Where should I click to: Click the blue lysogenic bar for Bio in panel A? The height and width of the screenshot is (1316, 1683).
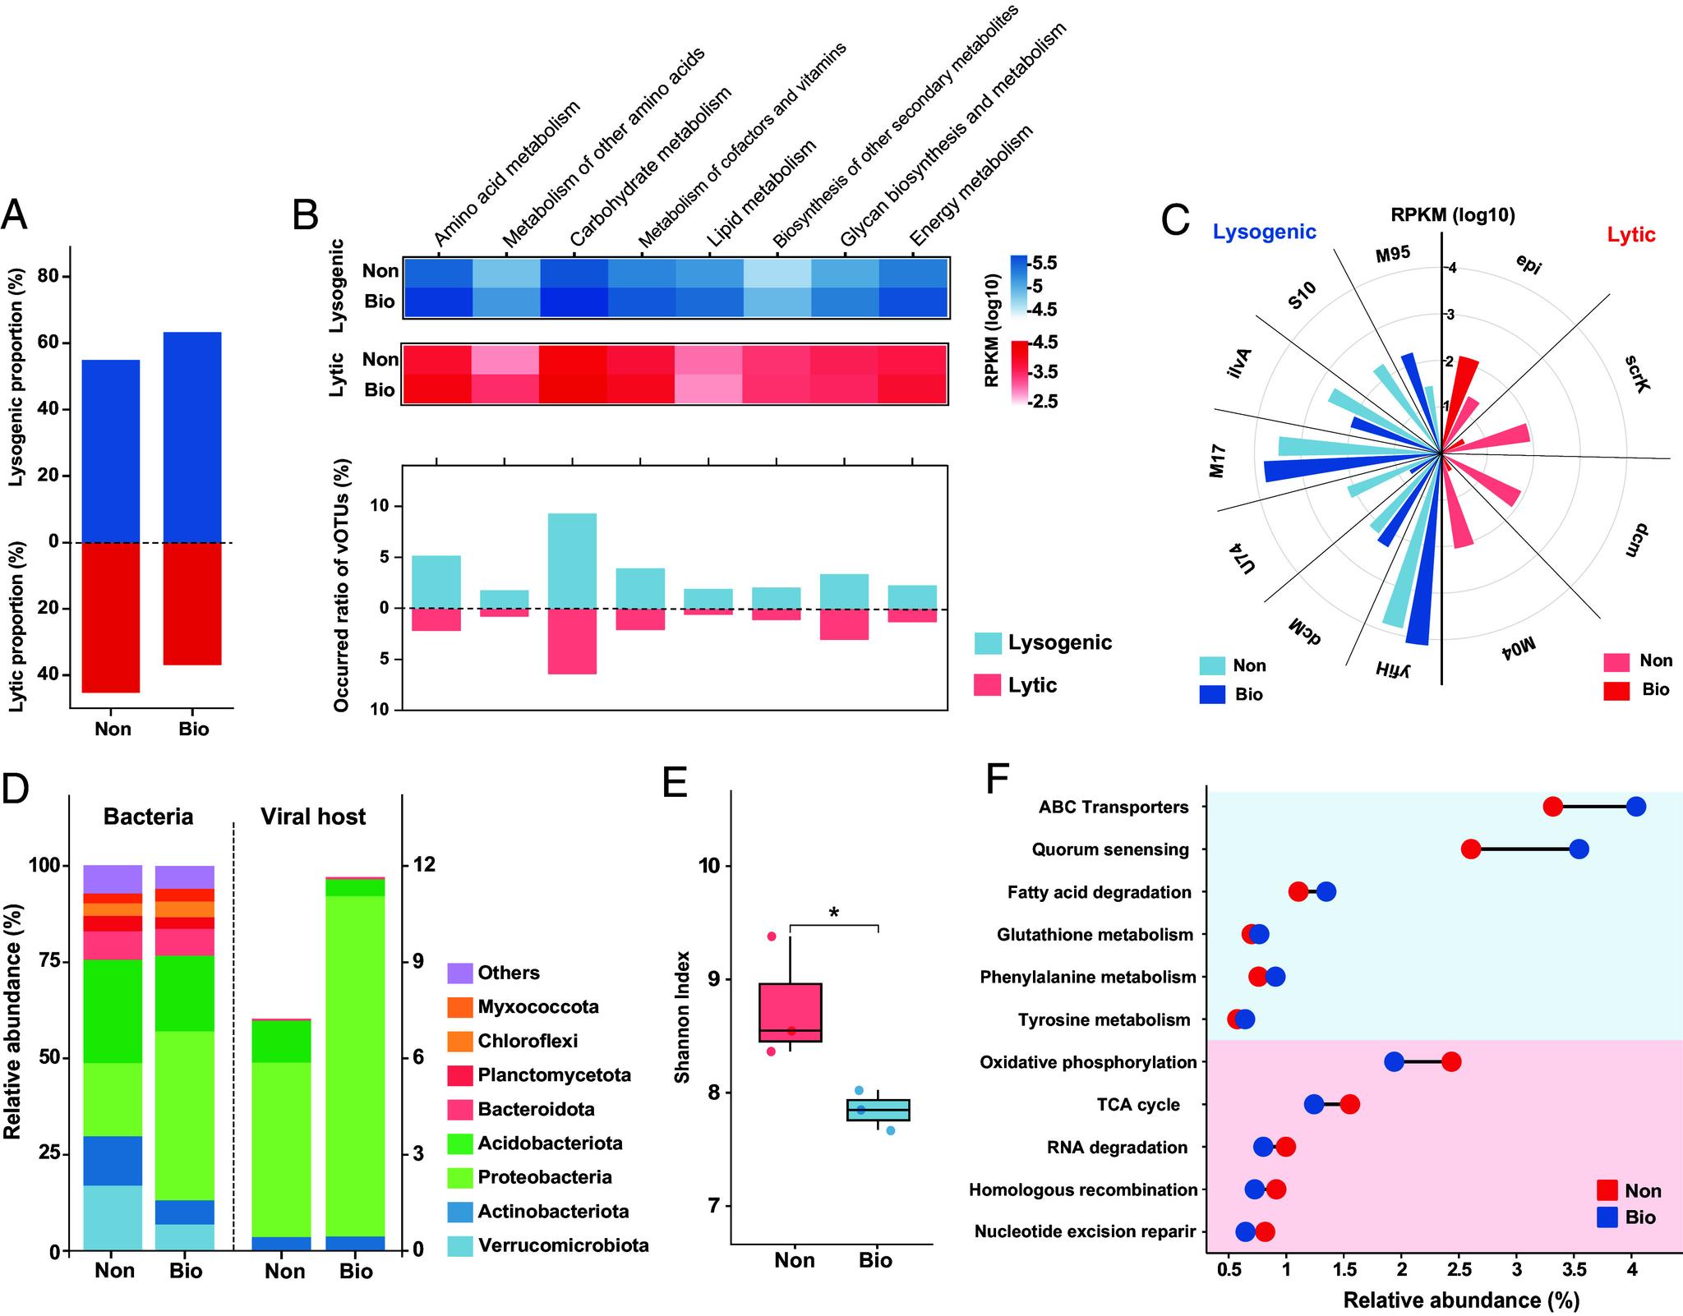tap(191, 436)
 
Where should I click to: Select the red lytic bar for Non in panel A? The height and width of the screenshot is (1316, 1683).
tap(112, 617)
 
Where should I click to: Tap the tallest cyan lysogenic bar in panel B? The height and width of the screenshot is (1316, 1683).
tap(572, 560)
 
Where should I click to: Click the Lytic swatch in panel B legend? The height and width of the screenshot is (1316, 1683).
tap(987, 685)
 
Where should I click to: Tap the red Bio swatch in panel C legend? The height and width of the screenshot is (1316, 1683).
tap(1616, 690)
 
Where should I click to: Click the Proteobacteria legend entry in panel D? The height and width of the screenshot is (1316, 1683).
tap(544, 1177)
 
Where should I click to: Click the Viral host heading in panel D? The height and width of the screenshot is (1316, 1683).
tap(313, 817)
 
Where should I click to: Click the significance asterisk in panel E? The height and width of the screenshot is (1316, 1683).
tap(834, 913)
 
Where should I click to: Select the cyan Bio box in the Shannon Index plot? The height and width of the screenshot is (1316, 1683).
tap(878, 1110)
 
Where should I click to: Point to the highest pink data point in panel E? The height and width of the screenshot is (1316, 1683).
tap(771, 936)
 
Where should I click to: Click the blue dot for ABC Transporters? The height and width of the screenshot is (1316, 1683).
tap(1635, 807)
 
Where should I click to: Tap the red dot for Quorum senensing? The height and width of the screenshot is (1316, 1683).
tap(1470, 849)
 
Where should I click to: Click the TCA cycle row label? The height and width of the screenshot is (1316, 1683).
tap(1137, 1105)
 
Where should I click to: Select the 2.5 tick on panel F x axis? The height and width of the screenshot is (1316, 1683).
tap(1459, 1268)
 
